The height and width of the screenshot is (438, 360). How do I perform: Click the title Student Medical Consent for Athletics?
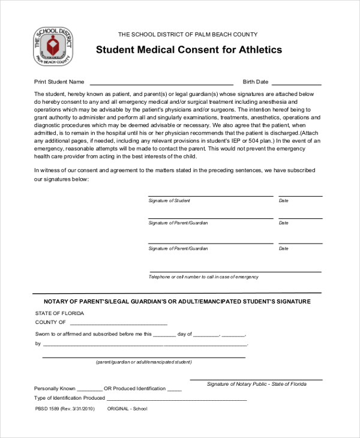pos(188,50)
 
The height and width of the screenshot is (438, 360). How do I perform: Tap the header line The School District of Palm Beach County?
pos(188,34)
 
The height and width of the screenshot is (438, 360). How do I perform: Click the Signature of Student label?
pos(169,200)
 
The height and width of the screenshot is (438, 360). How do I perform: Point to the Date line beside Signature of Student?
pos(300,196)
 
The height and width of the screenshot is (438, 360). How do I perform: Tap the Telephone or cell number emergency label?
pos(203,277)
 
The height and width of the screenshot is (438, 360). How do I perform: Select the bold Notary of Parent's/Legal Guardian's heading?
pos(177,301)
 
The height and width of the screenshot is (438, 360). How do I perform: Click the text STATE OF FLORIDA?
pos(59,313)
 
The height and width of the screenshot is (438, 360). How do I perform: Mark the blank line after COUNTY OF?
pos(117,324)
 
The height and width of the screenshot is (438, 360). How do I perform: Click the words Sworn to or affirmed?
pos(59,334)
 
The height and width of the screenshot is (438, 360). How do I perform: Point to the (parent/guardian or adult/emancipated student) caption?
pos(144,362)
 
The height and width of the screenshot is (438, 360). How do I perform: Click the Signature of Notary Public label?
pos(256,383)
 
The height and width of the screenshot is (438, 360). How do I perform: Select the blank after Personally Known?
pos(90,390)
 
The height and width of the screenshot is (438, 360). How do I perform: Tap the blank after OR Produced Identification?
pos(174,390)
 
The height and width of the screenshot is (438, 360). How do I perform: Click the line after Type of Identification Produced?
pos(176,399)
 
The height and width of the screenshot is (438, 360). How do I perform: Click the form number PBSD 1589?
pos(48,409)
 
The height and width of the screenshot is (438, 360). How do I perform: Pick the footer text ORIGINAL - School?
pos(127,409)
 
